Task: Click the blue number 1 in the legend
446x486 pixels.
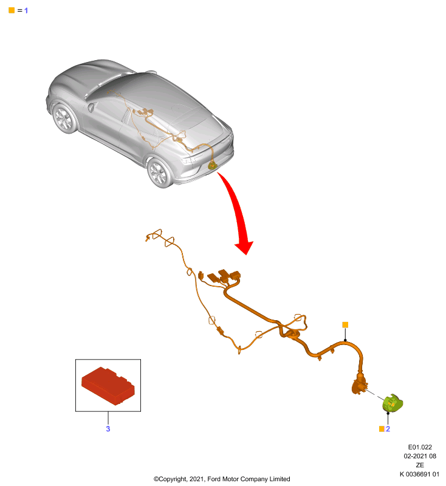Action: pos(26,10)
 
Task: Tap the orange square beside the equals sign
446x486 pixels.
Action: pos(12,10)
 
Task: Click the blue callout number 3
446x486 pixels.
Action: pos(108,429)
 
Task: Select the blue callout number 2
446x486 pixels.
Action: pos(388,429)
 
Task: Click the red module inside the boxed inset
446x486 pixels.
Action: pos(108,386)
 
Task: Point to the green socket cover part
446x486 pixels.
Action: pos(393,403)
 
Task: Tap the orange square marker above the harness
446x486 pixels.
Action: pos(345,324)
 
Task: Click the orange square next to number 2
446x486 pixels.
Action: pos(382,429)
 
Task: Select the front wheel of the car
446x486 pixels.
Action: pos(64,118)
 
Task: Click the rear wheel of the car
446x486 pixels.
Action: pos(160,173)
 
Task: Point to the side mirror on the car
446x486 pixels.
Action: pos(91,108)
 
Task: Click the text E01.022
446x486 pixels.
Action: pos(420,447)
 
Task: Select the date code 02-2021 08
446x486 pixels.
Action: pos(420,456)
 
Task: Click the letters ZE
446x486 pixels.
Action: pos(420,465)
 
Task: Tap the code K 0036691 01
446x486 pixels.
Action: pos(419,474)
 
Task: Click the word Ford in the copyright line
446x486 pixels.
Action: pos(214,479)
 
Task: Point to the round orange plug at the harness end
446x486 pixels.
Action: pos(360,385)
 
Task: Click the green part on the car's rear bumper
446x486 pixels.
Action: pos(212,165)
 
